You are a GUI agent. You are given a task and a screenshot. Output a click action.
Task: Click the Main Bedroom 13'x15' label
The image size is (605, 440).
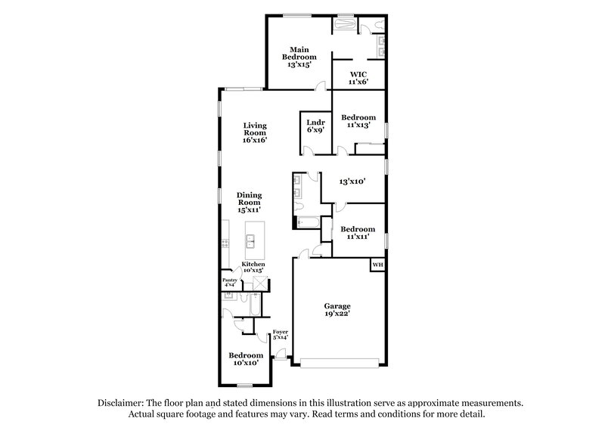[300, 57]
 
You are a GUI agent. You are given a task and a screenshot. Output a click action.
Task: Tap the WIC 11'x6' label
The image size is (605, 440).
[358, 78]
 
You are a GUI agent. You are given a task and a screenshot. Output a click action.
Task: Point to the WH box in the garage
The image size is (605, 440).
[376, 265]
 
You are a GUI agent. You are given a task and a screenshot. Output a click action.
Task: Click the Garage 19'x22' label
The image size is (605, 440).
[338, 310]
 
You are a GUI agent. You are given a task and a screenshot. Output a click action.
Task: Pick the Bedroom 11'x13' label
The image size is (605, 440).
[358, 121]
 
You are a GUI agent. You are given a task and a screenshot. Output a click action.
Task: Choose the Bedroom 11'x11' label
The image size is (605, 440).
[358, 233]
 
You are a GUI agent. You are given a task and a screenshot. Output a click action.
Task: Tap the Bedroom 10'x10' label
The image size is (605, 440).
[246, 359]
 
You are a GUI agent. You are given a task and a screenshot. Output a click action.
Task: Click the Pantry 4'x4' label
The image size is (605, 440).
[230, 283]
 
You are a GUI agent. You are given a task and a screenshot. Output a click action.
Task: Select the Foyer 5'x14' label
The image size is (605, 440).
[281, 334]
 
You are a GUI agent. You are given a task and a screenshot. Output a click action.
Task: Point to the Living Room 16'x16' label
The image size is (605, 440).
[255, 133]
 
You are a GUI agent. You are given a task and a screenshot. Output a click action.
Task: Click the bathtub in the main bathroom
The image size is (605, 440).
[344, 23]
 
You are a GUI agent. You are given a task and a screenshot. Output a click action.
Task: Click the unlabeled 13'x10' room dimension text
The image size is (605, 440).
[353, 181]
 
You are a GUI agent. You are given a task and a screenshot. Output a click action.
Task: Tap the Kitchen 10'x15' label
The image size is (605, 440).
[253, 267]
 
